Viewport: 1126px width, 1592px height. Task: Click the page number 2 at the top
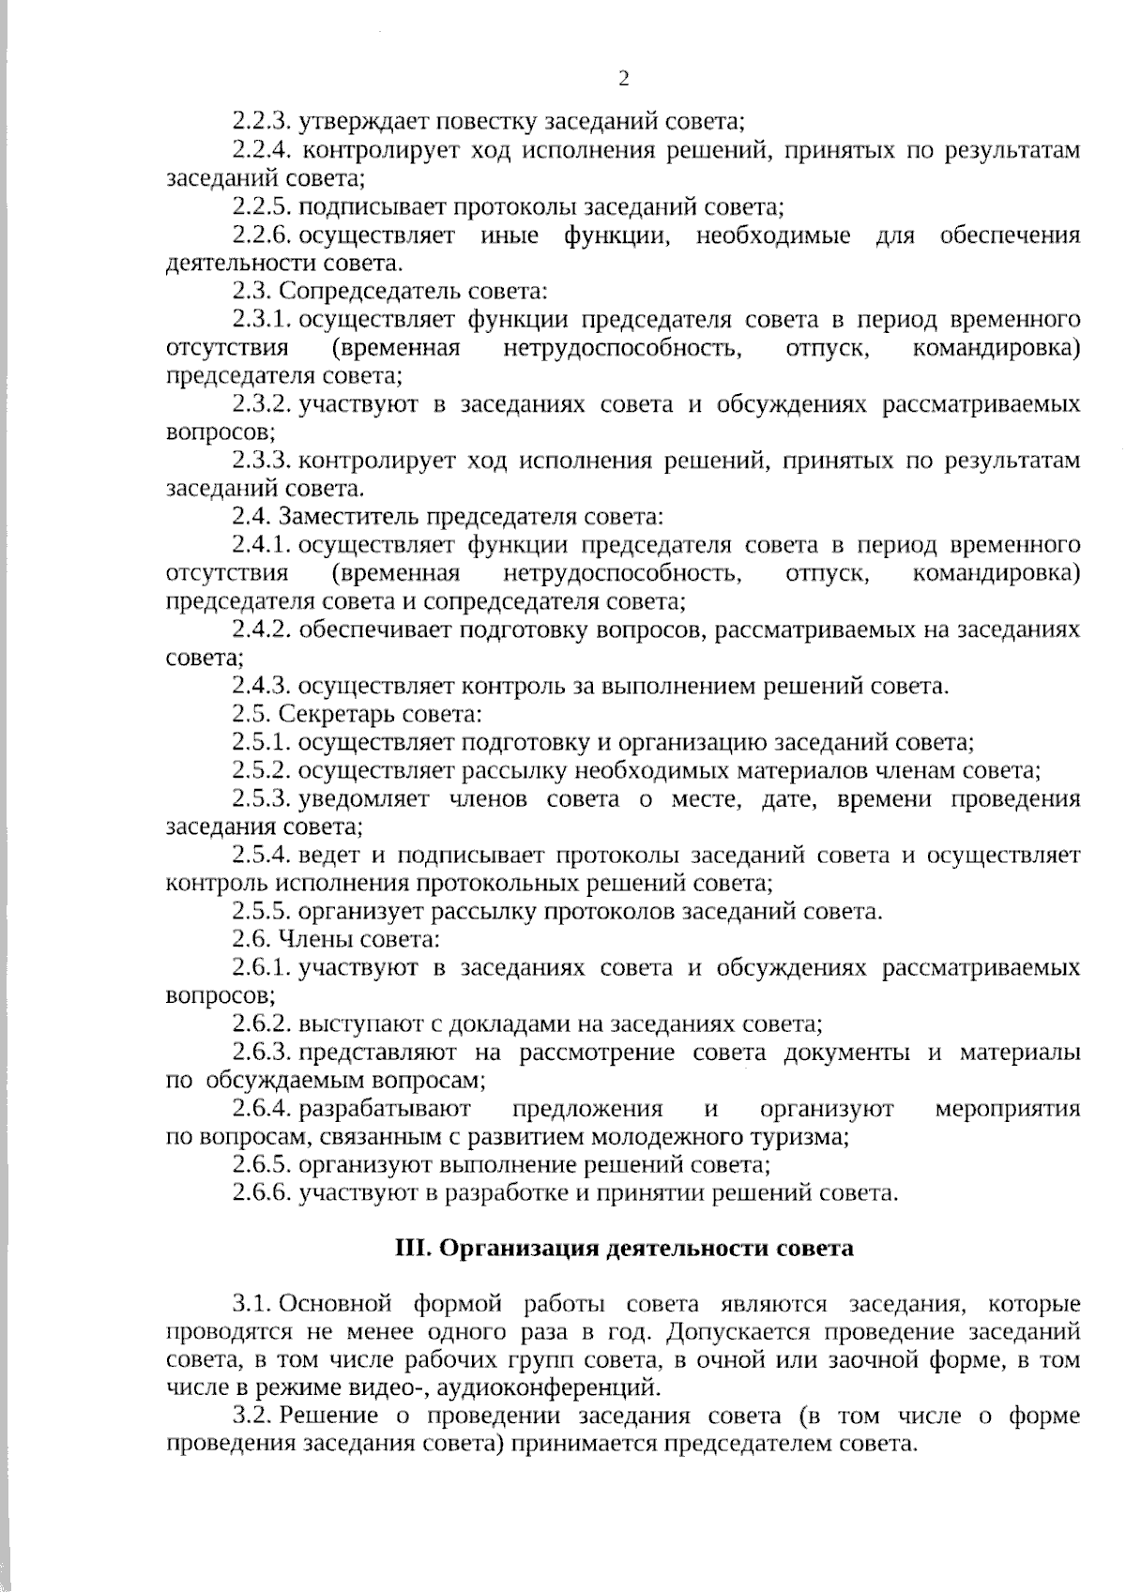(x=623, y=79)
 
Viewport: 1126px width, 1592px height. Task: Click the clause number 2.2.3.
(x=263, y=121)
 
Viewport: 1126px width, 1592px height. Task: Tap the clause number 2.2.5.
(x=263, y=206)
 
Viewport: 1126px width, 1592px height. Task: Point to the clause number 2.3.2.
(x=263, y=404)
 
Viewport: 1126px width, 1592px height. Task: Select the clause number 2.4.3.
(x=263, y=687)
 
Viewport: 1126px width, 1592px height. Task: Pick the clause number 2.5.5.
(x=263, y=912)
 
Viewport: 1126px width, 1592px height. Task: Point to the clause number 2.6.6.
(x=263, y=1194)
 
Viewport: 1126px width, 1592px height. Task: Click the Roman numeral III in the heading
(x=412, y=1250)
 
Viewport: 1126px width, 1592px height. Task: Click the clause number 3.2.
(x=253, y=1417)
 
